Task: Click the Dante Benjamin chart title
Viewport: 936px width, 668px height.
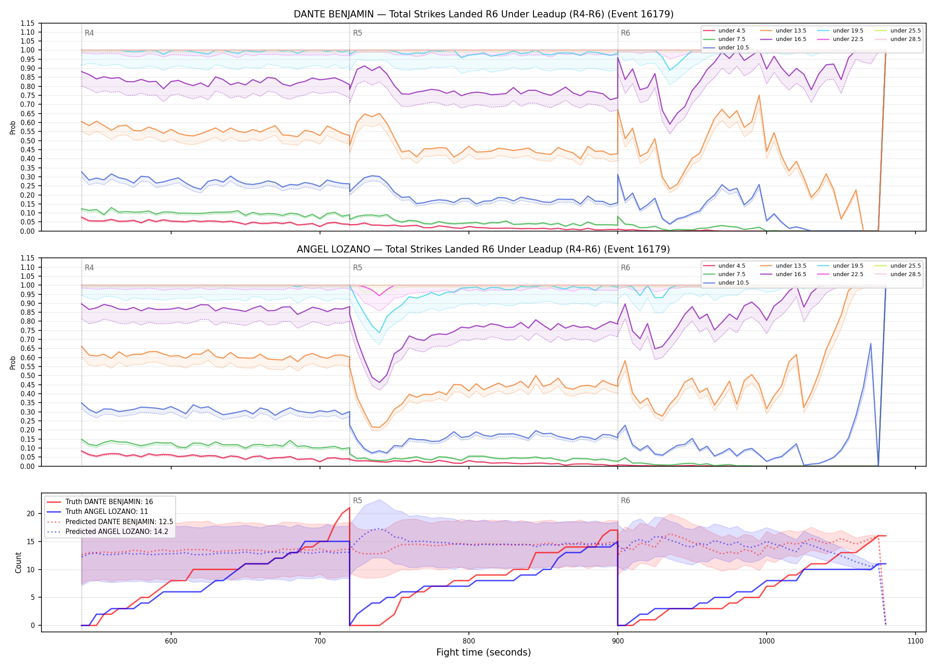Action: tap(484, 14)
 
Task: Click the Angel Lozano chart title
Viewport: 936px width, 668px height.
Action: tap(484, 249)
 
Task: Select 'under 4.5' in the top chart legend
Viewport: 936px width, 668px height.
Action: tap(731, 31)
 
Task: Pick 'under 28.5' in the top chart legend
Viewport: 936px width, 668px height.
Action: tap(905, 39)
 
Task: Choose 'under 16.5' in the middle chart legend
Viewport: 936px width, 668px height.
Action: tap(791, 274)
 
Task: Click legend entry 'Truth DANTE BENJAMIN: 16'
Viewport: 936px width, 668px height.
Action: tap(109, 502)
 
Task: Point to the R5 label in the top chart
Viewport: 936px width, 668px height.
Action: tap(357, 33)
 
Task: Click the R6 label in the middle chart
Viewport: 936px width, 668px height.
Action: tap(625, 268)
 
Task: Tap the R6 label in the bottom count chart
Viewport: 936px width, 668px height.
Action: tap(625, 501)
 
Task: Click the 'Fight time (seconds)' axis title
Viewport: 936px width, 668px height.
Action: tap(484, 652)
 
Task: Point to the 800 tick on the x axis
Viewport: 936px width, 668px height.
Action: tap(469, 641)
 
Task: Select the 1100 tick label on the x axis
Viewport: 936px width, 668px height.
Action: tap(915, 641)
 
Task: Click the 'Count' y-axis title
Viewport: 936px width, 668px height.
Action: tap(18, 562)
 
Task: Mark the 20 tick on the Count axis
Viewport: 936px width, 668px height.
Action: tap(31, 513)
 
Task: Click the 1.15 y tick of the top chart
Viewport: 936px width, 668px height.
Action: tap(28, 23)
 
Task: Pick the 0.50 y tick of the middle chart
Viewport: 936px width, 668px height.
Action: tap(28, 375)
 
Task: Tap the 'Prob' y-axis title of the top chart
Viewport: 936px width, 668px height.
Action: tap(13, 127)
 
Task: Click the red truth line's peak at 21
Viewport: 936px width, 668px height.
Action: tap(349, 508)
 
